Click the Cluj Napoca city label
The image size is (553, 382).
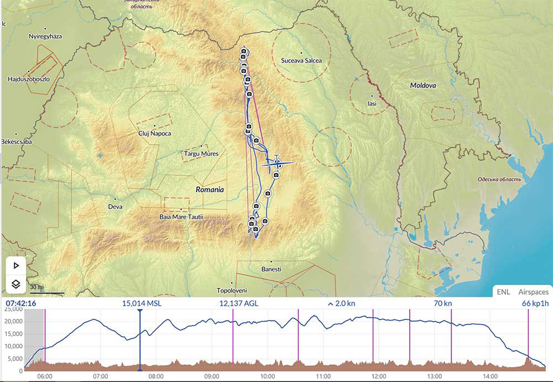[x=154, y=134]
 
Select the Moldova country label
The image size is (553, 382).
[x=423, y=86]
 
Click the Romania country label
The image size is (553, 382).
[x=210, y=190]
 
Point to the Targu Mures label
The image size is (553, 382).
[x=201, y=154]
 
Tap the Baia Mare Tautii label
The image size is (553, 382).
[x=181, y=217]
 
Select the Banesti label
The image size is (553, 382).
[x=271, y=269]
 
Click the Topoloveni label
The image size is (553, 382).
[x=231, y=290]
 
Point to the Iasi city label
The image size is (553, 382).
[x=372, y=103]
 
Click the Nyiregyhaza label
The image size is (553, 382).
[x=45, y=36]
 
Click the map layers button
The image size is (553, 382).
[x=16, y=285]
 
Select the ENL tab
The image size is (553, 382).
[x=503, y=292]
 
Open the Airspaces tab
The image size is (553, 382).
[x=533, y=292]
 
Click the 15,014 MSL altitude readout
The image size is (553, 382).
[x=142, y=303]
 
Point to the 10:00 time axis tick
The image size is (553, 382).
[x=268, y=376]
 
